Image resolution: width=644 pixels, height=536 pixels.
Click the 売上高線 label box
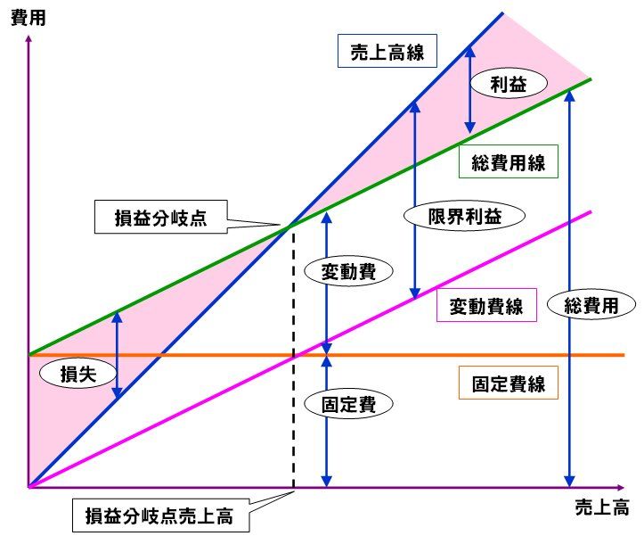(387, 51)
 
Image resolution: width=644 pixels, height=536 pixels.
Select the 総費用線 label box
(508, 161)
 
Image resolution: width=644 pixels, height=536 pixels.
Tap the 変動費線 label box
(486, 305)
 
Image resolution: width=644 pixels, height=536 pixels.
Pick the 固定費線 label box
(508, 383)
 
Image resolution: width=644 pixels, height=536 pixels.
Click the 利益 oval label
(509, 83)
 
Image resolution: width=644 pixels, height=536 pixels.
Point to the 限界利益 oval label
(465, 216)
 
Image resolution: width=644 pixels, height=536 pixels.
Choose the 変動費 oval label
(348, 270)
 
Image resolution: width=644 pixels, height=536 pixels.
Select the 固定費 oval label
(348, 403)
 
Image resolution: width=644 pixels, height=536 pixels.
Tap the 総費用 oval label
(591, 304)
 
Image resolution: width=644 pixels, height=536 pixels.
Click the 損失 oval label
(78, 373)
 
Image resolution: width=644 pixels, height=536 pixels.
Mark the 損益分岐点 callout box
(161, 217)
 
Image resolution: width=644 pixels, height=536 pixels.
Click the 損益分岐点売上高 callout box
(160, 515)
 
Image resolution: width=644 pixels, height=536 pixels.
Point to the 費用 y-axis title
(28, 18)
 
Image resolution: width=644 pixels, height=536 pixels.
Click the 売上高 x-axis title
(602, 507)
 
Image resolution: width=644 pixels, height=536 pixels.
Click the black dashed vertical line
(293, 357)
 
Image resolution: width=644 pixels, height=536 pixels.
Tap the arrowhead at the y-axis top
(29, 37)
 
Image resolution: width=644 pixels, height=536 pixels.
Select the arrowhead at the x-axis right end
(621, 488)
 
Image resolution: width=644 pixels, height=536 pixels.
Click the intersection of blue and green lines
(290, 226)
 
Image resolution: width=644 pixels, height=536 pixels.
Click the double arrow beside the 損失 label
(118, 355)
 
